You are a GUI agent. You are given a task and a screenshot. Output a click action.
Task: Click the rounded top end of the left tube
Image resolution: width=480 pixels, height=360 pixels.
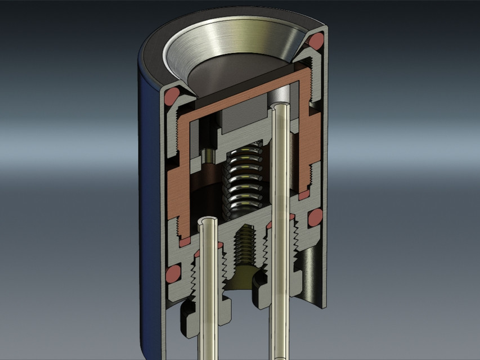click(x=209, y=222)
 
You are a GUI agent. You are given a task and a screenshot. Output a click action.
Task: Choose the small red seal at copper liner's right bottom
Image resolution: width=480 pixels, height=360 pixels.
click(x=304, y=194)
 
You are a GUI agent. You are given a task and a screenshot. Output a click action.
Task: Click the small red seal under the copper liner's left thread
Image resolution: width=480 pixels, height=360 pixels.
click(x=183, y=241)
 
